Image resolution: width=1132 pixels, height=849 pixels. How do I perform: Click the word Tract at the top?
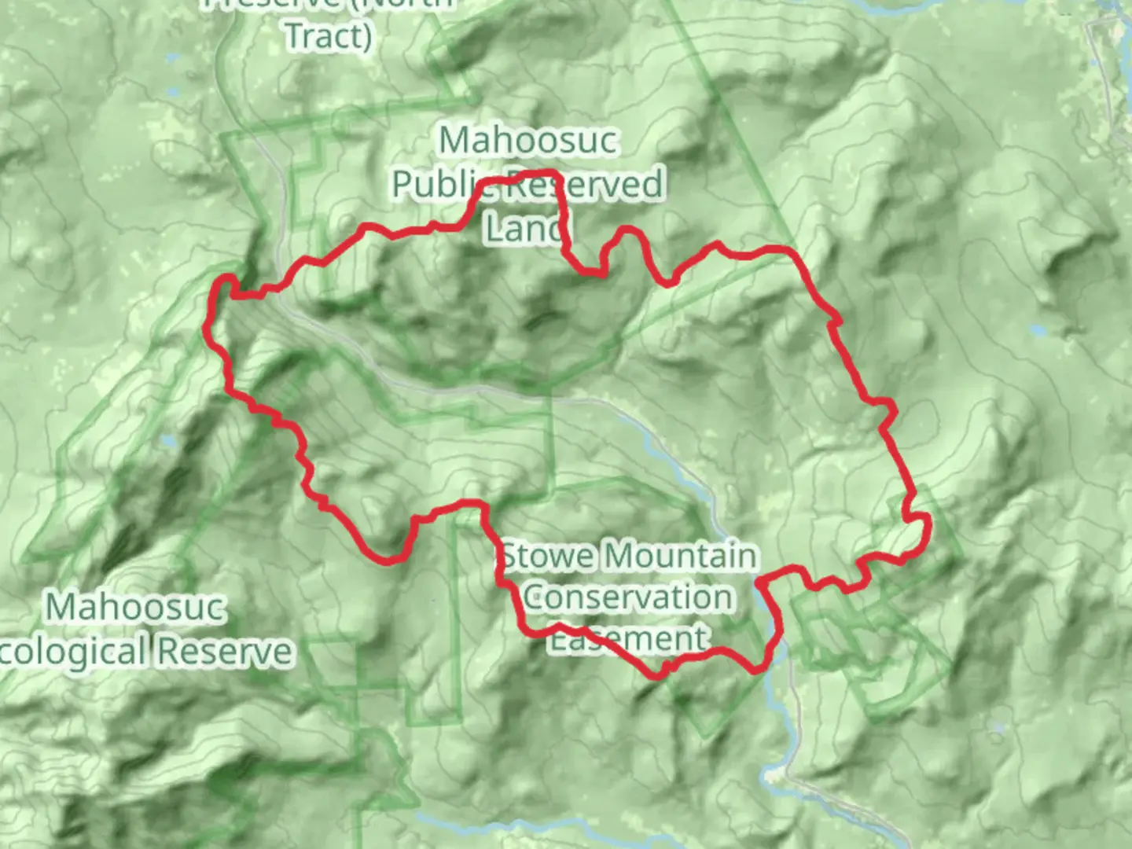coord(323,36)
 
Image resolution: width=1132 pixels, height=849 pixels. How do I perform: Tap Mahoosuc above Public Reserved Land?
coord(528,141)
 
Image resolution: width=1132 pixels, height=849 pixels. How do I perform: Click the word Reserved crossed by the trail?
coord(584,185)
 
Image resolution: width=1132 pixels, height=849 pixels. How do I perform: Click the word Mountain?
coord(681,557)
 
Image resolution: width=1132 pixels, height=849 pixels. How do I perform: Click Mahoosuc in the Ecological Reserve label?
coord(135,608)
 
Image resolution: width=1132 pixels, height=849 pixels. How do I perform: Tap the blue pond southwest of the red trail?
coord(167,443)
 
